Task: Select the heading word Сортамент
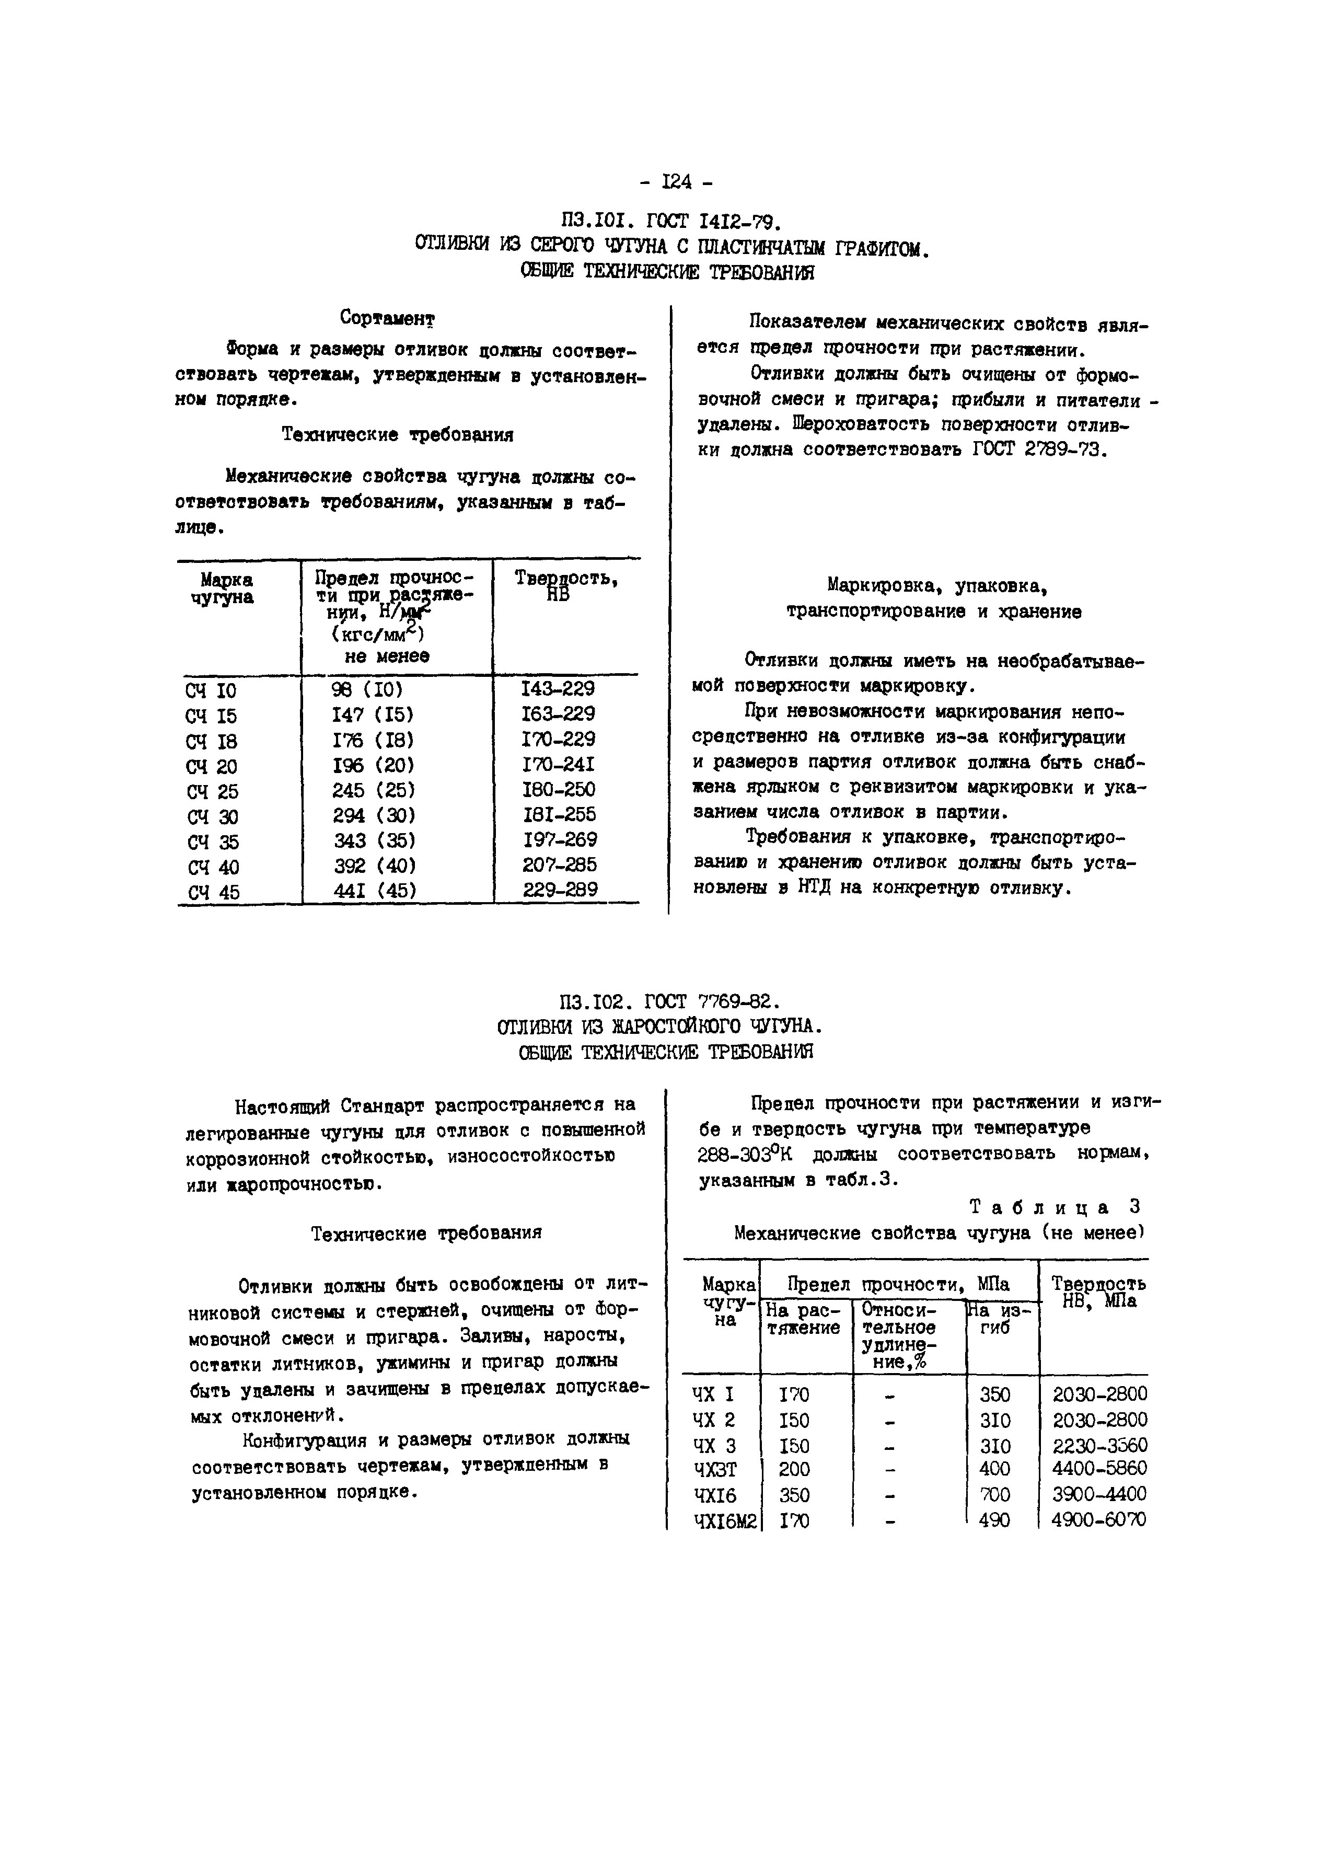tap(387, 317)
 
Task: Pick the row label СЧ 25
tap(212, 791)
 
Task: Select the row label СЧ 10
tap(211, 690)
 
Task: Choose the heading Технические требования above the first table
tap(398, 434)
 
